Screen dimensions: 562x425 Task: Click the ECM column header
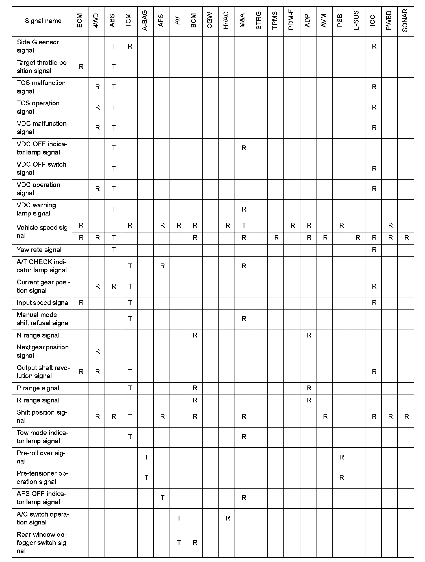coord(80,21)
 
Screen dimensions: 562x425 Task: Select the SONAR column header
coord(405,21)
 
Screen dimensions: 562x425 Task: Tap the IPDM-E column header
coord(291,21)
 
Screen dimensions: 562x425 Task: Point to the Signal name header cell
coord(43,21)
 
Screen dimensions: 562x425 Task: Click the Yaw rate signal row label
coord(39,250)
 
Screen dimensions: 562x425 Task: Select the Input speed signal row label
coord(43,303)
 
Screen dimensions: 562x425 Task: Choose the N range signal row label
coord(38,336)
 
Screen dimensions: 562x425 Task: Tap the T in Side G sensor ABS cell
coord(114,46)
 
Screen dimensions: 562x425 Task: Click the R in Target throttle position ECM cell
coord(81,67)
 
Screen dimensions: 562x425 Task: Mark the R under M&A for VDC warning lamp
coord(244,209)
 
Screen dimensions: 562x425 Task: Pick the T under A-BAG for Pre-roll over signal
coord(146,457)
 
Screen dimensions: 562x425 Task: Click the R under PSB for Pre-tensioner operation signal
coord(342,478)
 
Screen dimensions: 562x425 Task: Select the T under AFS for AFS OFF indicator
coord(162,498)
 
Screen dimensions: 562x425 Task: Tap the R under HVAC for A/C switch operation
coord(228,518)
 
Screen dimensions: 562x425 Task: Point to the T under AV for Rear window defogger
coord(179,543)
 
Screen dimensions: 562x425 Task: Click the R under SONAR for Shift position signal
coord(407,417)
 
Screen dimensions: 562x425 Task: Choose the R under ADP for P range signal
coord(309,388)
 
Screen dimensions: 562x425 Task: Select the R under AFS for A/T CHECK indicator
coord(162,266)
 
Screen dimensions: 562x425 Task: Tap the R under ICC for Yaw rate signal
coord(374,250)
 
